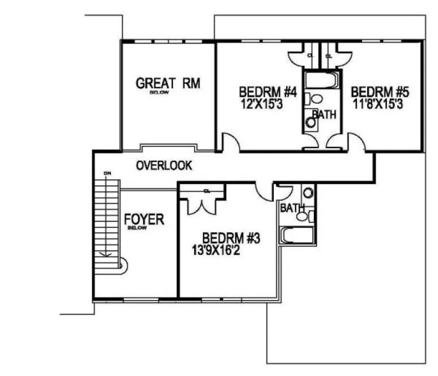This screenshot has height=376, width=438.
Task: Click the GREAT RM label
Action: [168, 84]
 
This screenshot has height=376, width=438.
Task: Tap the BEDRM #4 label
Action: [268, 91]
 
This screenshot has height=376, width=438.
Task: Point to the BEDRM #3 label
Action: [231, 238]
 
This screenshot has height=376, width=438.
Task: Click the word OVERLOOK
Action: [164, 166]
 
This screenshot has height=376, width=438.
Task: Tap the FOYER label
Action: [144, 219]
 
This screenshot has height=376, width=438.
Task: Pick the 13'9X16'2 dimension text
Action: [224, 249]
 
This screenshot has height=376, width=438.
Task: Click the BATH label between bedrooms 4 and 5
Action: [325, 114]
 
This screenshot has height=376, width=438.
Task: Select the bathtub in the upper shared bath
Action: [321, 79]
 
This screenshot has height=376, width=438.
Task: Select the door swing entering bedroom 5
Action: [358, 143]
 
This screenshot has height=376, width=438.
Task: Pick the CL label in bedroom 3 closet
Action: [207, 191]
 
